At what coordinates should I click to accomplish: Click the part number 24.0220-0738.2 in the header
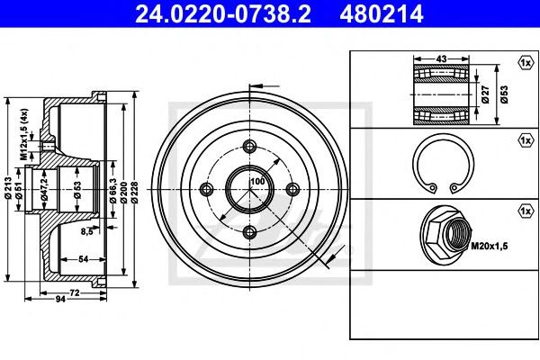click(x=223, y=13)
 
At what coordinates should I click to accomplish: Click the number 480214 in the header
click(x=382, y=13)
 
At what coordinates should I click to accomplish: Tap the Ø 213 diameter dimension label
click(x=8, y=187)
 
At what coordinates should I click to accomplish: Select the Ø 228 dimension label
click(x=134, y=193)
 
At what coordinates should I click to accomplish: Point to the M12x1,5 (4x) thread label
click(x=23, y=134)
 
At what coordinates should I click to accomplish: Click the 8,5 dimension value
click(x=87, y=231)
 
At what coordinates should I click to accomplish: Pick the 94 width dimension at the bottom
click(x=60, y=299)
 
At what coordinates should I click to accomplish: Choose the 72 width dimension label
click(x=75, y=292)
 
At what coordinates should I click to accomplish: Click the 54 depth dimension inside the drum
click(x=84, y=259)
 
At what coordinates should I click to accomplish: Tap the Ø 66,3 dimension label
click(x=113, y=190)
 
